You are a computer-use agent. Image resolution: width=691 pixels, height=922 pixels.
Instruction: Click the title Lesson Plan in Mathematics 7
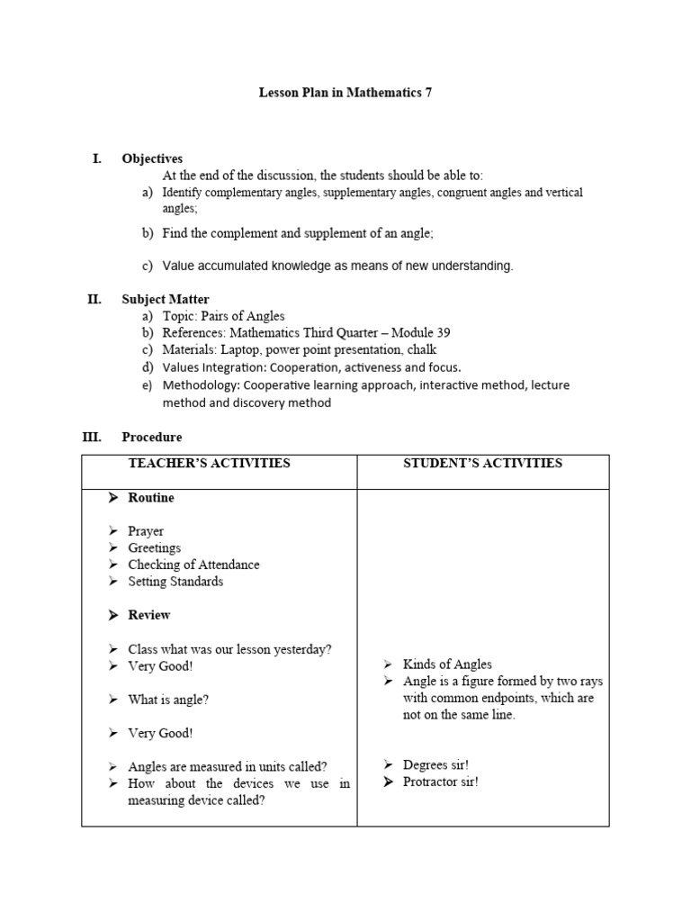pyautogui.click(x=345, y=93)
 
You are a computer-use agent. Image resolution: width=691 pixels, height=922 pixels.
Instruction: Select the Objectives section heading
pyautogui.click(x=152, y=158)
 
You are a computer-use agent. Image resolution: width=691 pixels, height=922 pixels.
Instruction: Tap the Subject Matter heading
pyautogui.click(x=166, y=299)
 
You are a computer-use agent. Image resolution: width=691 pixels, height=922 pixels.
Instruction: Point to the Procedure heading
pyautogui.click(x=151, y=437)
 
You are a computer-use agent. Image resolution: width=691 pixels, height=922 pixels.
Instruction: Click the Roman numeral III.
pyautogui.click(x=92, y=437)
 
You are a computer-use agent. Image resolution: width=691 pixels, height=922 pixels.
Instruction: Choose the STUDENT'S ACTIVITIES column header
pyautogui.click(x=482, y=463)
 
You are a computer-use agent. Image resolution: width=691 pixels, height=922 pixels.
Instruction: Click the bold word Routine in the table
pyautogui.click(x=151, y=498)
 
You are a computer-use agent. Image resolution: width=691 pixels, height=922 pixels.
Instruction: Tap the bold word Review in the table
pyautogui.click(x=149, y=615)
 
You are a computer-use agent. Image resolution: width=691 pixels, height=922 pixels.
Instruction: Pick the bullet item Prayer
pyautogui.click(x=146, y=531)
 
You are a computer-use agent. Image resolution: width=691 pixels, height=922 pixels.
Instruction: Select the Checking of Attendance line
pyautogui.click(x=193, y=565)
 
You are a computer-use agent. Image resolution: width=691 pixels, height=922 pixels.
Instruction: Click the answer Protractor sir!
pyautogui.click(x=441, y=782)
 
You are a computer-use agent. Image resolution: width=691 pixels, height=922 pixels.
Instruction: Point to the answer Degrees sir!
pyautogui.click(x=435, y=764)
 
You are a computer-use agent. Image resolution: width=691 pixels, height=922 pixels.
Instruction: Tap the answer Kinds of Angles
pyautogui.click(x=447, y=664)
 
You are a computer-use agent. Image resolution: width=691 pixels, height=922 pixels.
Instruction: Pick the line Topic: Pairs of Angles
pyautogui.click(x=223, y=316)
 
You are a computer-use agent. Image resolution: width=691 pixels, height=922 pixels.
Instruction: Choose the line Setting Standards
pyautogui.click(x=175, y=582)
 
